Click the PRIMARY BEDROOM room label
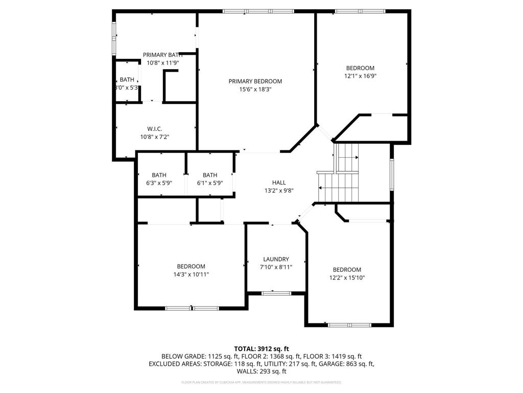tap(255, 81)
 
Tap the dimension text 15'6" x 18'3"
tap(255, 89)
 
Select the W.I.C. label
tap(154, 129)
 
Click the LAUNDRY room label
tap(276, 259)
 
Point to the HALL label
tap(278, 182)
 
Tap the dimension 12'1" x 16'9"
tap(360, 76)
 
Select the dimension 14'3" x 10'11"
tap(191, 274)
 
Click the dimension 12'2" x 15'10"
tap(347, 277)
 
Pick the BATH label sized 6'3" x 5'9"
tap(159, 175)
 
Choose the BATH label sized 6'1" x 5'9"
tap(209, 175)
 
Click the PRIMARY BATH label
tap(162, 55)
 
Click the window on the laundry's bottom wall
tap(276, 293)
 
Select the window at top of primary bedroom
tap(258, 11)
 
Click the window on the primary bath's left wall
tap(114, 38)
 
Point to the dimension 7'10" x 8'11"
tap(276, 267)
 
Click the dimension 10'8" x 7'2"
tap(154, 137)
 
